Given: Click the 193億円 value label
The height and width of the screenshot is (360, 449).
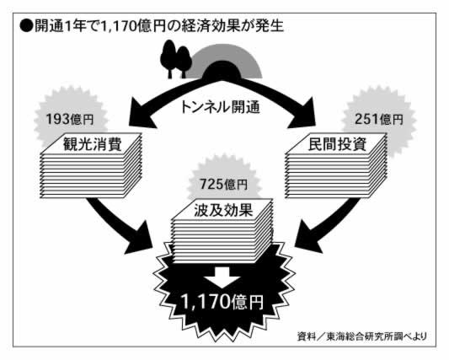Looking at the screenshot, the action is click(x=70, y=119).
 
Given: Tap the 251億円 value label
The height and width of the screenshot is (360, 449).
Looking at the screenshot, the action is click(x=379, y=119).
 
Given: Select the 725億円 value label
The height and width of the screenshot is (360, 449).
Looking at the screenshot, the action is click(x=223, y=184).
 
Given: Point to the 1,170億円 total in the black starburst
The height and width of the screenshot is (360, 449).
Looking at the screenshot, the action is click(x=222, y=301).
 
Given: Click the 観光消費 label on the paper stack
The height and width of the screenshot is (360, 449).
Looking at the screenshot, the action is click(x=92, y=144).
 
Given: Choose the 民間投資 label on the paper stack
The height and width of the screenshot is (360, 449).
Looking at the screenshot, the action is click(x=337, y=144).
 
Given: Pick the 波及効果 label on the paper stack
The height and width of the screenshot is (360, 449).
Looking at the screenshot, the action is click(x=223, y=210).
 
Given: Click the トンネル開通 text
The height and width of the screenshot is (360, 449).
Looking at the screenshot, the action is click(x=220, y=107).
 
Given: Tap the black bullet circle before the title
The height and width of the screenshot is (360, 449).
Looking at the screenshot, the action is click(x=26, y=26).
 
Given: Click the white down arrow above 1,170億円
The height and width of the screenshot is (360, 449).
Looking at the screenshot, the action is click(x=222, y=277).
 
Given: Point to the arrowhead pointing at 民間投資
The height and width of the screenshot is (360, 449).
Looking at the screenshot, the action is click(x=302, y=113).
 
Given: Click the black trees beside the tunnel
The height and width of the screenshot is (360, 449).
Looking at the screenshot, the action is click(x=175, y=59).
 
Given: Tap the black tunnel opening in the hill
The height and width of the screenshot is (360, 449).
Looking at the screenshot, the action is click(x=221, y=71).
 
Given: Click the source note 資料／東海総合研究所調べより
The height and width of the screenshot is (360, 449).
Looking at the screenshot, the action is click(x=362, y=336).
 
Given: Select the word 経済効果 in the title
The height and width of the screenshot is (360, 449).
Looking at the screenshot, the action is click(x=211, y=26).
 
